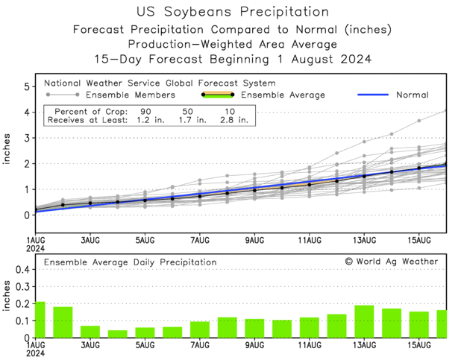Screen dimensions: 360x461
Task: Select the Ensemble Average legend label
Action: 283,95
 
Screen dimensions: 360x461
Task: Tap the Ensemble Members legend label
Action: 131,95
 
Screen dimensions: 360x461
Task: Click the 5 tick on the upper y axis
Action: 26,86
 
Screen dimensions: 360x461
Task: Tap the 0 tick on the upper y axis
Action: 26,215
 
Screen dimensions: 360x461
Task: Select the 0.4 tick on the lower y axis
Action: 22,271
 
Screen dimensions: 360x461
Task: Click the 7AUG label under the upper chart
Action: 199,241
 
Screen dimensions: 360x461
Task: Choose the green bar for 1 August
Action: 40,320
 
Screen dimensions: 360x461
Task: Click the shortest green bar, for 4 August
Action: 117,334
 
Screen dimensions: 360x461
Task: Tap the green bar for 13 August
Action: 364,321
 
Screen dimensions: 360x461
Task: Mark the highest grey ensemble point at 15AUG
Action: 419,121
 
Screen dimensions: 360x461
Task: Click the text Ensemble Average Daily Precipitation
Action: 131,262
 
